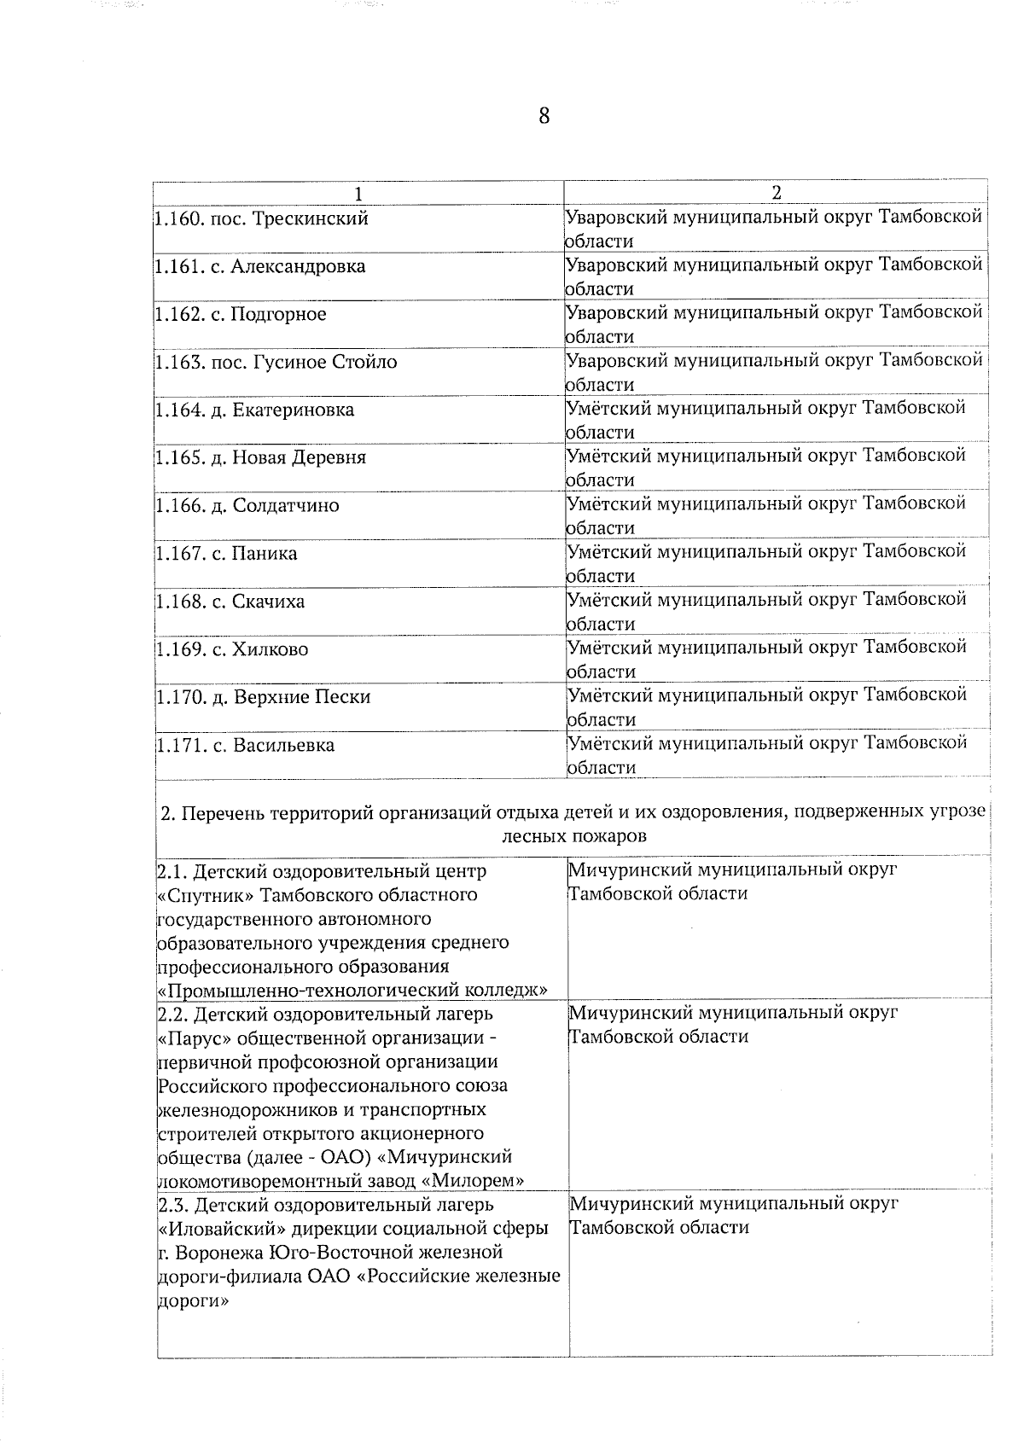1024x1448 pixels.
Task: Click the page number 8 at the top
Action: tap(544, 116)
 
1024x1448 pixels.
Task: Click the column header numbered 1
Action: tap(359, 193)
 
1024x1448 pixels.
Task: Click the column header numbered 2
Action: tap(776, 193)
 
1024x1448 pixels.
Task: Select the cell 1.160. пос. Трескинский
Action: tap(263, 218)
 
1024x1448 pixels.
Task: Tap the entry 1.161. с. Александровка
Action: tap(261, 266)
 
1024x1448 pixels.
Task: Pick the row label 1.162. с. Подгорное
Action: tap(241, 314)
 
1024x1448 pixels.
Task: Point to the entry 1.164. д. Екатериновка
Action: tap(255, 410)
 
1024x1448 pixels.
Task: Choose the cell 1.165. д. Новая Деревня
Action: tap(261, 457)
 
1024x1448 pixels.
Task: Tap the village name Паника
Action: tap(265, 553)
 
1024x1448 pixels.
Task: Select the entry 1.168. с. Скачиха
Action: tap(230, 602)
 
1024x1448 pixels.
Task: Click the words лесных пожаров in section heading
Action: tap(573, 836)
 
